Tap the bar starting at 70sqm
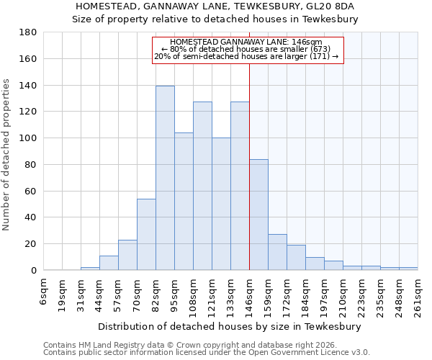point(146,234)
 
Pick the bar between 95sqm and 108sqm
point(184,201)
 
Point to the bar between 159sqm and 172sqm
point(277,252)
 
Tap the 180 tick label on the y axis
point(28,32)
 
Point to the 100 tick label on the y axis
point(28,138)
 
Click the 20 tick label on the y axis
point(31,244)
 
